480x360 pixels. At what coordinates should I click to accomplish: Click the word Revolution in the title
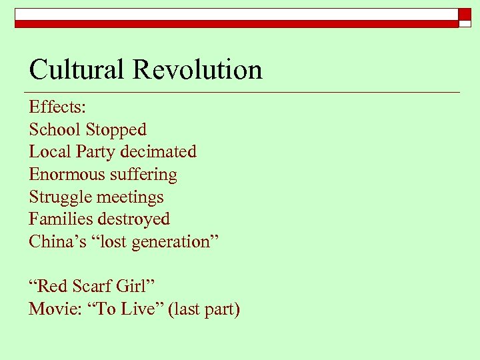tap(197, 70)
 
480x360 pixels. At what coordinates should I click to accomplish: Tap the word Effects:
tap(53, 107)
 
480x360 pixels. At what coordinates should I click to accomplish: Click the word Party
tap(95, 152)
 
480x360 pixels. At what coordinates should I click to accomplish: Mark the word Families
tap(61, 219)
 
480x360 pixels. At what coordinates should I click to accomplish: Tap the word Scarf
tap(93, 287)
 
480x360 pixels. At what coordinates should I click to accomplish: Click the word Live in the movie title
tap(145, 309)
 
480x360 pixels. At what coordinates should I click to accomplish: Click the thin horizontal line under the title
tap(243, 91)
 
